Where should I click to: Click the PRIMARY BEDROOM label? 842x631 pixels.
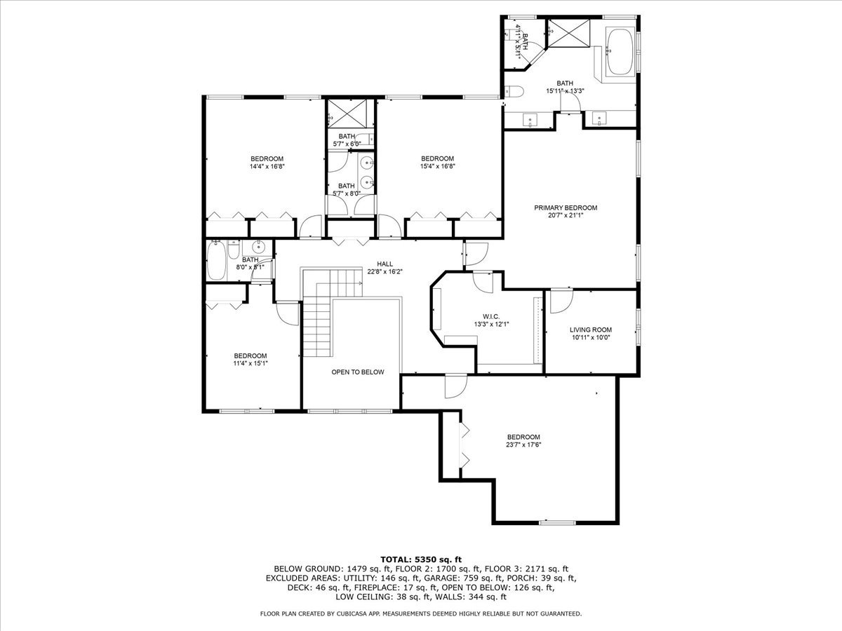(566, 208)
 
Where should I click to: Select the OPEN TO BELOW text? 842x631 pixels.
(358, 372)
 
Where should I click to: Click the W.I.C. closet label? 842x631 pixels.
(491, 316)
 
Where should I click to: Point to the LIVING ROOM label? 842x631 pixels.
(591, 330)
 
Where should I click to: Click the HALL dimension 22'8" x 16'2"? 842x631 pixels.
(385, 271)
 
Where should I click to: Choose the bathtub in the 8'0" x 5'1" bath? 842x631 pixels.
(217, 261)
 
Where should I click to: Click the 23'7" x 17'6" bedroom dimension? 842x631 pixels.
(523, 445)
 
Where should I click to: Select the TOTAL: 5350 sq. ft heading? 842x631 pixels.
(421, 559)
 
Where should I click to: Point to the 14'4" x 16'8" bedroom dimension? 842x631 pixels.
(267, 167)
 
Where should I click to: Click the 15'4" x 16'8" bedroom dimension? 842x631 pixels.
(437, 166)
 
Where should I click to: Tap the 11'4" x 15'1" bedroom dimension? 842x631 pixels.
(250, 364)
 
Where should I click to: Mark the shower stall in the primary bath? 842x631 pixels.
(569, 34)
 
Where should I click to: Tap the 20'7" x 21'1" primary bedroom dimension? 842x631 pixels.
(566, 215)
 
